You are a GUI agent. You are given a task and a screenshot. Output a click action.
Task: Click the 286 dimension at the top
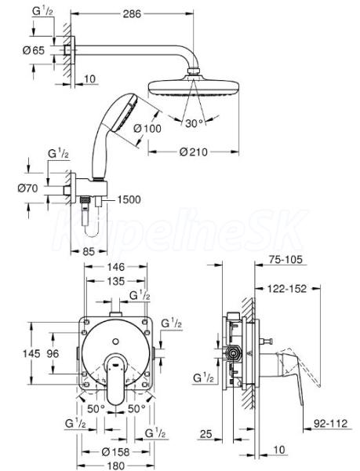132,14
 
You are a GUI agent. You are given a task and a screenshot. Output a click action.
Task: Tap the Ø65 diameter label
33,50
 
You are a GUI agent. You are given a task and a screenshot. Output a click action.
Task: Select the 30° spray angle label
194,123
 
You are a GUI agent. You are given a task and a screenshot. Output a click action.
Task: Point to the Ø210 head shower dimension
194,152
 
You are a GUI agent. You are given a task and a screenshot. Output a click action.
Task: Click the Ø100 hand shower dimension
147,129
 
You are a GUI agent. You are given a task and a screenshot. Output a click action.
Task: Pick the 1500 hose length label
129,199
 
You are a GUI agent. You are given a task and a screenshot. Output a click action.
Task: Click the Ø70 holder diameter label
28,188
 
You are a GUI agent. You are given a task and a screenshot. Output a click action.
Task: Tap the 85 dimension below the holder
89,251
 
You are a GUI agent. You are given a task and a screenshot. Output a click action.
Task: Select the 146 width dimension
116,266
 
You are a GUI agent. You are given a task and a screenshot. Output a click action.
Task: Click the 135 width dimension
116,281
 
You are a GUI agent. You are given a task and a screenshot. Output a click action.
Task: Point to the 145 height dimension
31,353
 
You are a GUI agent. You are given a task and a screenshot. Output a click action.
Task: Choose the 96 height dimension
53,353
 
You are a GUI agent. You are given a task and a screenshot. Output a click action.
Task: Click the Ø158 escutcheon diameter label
115,451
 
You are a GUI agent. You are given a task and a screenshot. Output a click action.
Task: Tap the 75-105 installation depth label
285,259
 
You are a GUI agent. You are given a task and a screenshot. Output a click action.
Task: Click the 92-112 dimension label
331,424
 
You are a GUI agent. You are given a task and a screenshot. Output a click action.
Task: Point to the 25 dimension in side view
205,433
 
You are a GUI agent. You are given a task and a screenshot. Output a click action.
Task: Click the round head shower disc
194,87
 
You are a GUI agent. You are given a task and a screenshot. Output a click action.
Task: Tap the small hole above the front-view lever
115,341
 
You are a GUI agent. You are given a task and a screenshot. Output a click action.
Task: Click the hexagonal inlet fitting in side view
233,353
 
